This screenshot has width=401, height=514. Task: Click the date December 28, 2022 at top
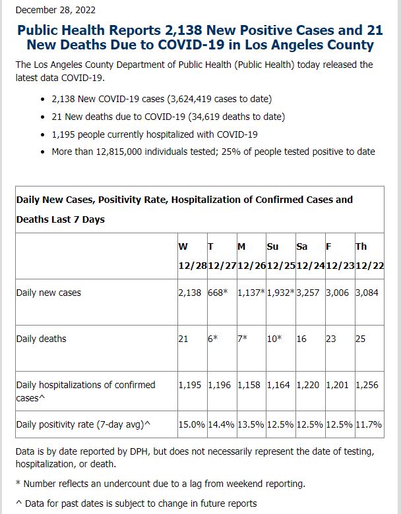[x=55, y=10]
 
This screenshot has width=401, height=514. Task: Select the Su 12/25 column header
[x=281, y=256]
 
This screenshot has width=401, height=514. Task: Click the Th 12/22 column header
[x=369, y=256]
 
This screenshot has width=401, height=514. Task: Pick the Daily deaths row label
[x=41, y=339]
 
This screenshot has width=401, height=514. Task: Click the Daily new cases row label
[x=49, y=293]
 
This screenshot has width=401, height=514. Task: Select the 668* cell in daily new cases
[x=218, y=293]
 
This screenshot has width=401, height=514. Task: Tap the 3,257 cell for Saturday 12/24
[x=308, y=293]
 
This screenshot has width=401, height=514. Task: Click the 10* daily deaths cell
[x=274, y=339]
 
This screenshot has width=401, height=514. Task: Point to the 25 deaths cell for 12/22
[x=360, y=339]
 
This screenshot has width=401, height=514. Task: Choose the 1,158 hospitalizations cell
[x=249, y=385]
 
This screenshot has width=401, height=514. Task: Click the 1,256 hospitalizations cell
[x=367, y=385]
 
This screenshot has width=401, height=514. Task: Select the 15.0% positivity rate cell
[x=192, y=424]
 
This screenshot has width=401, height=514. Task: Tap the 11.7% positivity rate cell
[x=369, y=424]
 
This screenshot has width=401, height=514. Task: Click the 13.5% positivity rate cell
[x=251, y=424]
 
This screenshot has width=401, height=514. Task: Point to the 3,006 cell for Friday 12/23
[x=337, y=293]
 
